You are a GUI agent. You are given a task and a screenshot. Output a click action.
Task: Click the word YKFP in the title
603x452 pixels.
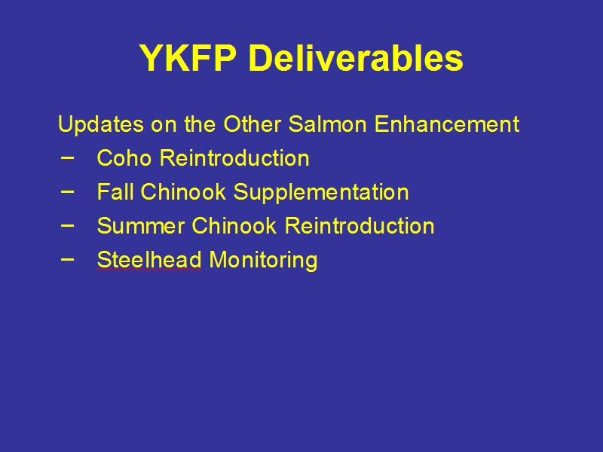188,58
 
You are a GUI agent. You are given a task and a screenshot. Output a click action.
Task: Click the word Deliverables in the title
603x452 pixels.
356,58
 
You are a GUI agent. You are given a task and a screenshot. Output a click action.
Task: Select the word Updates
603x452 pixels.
101,125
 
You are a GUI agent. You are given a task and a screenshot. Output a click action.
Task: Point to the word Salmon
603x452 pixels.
327,124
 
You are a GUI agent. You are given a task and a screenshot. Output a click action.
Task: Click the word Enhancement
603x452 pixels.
447,124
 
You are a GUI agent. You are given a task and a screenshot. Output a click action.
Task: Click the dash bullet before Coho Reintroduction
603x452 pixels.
67,157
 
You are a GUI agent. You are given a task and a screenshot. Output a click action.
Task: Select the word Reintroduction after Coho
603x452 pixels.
234,157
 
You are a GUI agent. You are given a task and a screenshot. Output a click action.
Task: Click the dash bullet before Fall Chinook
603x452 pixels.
67,191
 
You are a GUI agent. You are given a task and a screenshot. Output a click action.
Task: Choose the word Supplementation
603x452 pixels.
321,193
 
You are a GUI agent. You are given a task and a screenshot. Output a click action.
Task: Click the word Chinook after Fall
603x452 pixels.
182,191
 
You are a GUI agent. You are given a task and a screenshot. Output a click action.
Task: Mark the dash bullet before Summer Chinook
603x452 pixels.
67,225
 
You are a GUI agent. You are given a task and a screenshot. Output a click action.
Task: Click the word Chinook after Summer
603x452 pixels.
234,225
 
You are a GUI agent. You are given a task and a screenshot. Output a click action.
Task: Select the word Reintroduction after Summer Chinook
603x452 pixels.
360,225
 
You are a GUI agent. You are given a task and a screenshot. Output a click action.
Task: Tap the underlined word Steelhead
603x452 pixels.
149,259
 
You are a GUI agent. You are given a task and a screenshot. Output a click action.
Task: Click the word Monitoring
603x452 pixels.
263,261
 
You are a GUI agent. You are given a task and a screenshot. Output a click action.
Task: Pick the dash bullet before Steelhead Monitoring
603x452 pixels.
67,259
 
